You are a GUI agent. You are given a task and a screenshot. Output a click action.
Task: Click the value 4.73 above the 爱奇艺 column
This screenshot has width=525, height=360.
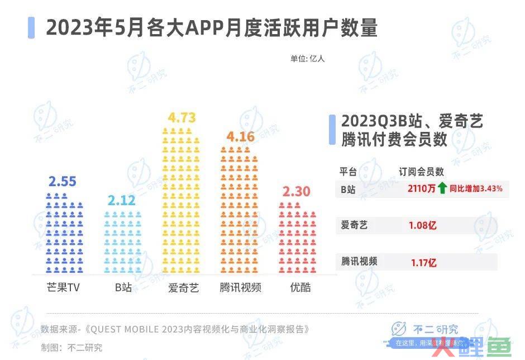tap(182, 118)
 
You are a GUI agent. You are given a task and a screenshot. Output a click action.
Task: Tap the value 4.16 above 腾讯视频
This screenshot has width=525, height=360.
tap(240, 136)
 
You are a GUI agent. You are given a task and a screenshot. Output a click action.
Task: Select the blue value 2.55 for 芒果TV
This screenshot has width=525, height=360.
tap(62, 182)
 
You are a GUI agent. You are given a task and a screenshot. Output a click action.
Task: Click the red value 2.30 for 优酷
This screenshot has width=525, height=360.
tap(296, 192)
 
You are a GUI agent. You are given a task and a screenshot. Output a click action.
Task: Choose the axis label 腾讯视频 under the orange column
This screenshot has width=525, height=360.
tap(240, 288)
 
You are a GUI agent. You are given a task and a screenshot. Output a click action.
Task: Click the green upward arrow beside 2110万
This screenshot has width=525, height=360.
tap(443, 188)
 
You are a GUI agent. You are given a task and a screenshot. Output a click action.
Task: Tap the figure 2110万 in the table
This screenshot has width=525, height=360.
tap(422, 188)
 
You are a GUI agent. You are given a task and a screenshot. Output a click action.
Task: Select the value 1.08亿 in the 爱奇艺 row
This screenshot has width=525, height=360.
tap(422, 226)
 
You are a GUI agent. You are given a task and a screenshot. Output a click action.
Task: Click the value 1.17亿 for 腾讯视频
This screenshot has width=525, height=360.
tap(423, 262)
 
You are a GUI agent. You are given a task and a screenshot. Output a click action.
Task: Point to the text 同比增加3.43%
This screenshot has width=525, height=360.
tap(476, 188)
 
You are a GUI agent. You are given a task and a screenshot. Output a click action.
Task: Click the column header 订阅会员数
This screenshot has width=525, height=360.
tap(421, 171)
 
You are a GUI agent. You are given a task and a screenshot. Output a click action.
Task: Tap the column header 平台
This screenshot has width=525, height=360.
tap(348, 171)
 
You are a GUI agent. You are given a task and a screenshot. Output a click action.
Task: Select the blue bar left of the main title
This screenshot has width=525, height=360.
tap(31, 27)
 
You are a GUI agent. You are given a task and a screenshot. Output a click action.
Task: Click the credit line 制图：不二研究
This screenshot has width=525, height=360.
tap(71, 347)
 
